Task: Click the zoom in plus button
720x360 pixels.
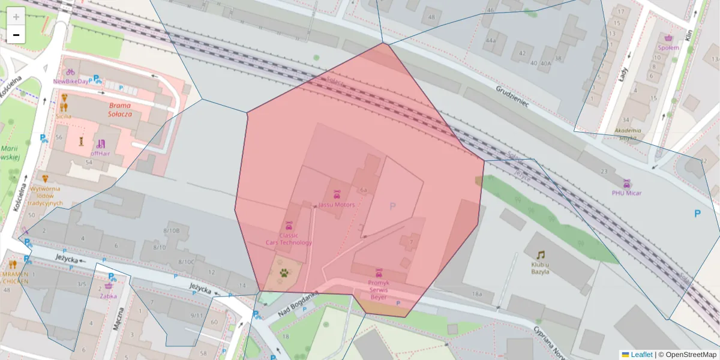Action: tap(16, 17)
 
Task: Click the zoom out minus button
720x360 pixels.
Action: tap(16, 35)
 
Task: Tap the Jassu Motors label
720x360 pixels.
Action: tap(337, 205)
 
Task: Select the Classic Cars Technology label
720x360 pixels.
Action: tap(289, 239)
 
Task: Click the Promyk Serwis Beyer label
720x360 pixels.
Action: tap(379, 290)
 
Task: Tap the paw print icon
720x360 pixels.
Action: tap(283, 273)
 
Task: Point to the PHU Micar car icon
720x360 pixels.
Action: tap(627, 184)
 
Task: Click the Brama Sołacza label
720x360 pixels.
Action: tap(119, 109)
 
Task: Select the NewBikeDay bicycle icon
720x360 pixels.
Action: tap(70, 72)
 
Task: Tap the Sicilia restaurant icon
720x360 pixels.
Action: tap(64, 98)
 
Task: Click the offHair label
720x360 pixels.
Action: tap(100, 153)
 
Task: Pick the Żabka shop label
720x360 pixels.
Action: tap(109, 295)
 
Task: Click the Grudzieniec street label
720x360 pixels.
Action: tap(512, 96)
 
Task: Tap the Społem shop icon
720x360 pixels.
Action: tap(668, 38)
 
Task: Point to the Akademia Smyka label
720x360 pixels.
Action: tap(628, 134)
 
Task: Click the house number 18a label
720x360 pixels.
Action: tap(476, 294)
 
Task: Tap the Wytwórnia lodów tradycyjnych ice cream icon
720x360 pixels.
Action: tap(45, 179)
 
